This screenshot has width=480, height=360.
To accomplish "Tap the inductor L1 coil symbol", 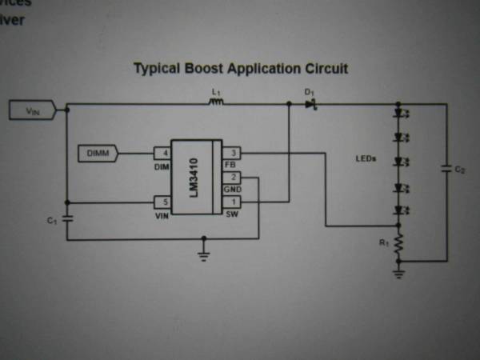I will pos(216,102).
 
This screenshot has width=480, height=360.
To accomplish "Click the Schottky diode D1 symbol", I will pos(311,104).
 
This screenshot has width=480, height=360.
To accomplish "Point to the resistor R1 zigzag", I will pos(399,245).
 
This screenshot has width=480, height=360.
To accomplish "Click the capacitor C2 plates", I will pos(446,170).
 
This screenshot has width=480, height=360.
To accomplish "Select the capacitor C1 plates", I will pos(66,218).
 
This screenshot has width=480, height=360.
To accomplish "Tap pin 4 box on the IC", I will pos(163,151).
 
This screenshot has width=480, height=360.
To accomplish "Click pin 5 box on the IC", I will pos(163,202).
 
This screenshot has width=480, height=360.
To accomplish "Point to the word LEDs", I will pos(366,158).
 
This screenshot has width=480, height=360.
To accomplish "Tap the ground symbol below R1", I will pos(399,272).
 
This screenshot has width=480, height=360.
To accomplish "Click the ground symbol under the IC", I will pos(203,254).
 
